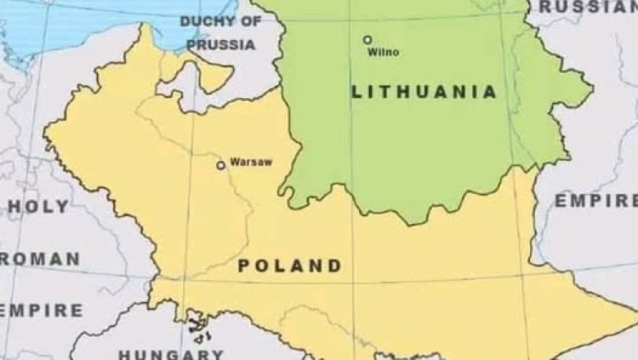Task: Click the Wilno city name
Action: click(384, 52)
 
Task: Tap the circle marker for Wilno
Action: click(367, 39)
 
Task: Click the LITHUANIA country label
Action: click(424, 92)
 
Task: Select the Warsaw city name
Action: click(251, 162)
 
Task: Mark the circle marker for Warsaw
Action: click(220, 165)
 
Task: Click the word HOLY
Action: click(37, 207)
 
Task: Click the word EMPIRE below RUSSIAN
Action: click(595, 201)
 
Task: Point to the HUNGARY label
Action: click(170, 353)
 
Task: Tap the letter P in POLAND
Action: click(244, 266)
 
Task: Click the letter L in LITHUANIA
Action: click(357, 92)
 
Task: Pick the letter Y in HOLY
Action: click(63, 207)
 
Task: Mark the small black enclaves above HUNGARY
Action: click(197, 326)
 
